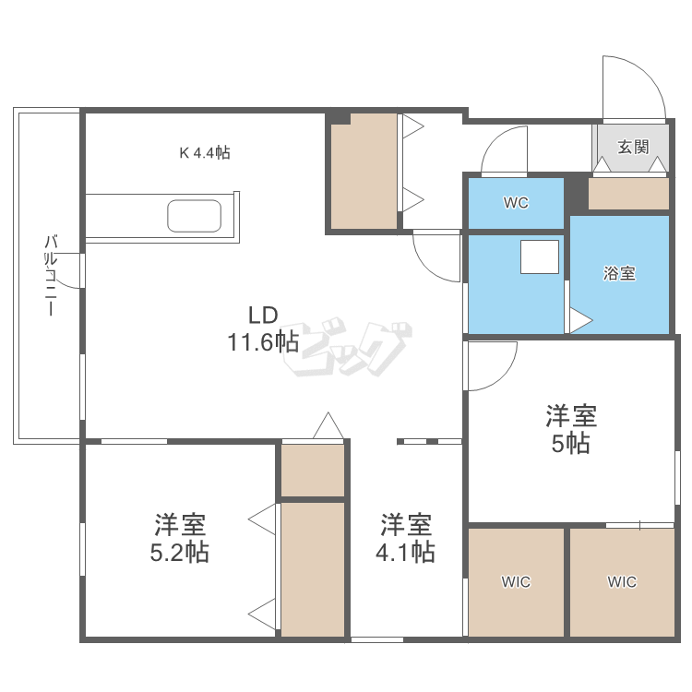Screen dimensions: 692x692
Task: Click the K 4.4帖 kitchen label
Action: (x=204, y=153)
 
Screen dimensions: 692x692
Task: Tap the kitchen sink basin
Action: (x=195, y=217)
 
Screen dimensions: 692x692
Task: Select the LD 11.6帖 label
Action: (x=262, y=328)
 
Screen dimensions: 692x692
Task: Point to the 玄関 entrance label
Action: (x=632, y=146)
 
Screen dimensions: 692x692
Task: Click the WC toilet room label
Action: (x=516, y=203)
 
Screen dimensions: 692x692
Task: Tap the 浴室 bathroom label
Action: (x=619, y=273)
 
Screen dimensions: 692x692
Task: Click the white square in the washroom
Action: (x=540, y=257)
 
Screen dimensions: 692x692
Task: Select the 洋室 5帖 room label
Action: (x=570, y=429)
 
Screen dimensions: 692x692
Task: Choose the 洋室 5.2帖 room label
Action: (x=180, y=539)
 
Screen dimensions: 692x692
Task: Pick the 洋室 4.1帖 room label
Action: (x=407, y=538)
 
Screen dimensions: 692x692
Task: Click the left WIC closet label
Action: (x=516, y=581)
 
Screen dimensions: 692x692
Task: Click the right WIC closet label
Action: (x=621, y=581)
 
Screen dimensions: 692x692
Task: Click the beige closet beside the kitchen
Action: (x=364, y=173)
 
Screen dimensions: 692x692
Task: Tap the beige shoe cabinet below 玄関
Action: (x=628, y=194)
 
